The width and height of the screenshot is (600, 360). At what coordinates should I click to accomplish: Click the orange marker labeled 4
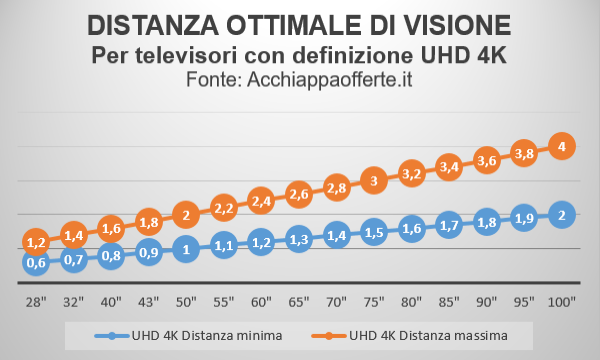[x=563, y=146]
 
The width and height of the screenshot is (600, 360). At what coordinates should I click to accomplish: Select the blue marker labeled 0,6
[x=36, y=263]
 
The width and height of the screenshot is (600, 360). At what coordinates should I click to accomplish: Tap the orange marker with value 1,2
[x=36, y=242]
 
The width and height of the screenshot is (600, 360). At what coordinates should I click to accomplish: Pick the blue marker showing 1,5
[x=374, y=233]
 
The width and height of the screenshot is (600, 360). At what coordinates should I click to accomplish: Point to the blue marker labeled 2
[x=563, y=215]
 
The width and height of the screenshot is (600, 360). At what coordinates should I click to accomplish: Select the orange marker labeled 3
[x=374, y=180]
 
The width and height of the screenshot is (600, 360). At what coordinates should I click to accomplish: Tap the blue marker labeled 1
[x=185, y=250]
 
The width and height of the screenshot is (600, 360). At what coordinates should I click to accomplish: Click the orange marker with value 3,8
[x=525, y=153]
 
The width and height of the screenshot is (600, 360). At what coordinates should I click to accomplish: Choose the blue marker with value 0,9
[x=148, y=253]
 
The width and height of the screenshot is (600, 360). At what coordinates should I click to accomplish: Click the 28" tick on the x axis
[x=36, y=299]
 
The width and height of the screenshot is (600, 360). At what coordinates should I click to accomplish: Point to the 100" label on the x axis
[x=563, y=299]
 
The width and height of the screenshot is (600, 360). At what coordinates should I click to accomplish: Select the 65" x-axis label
[x=298, y=299]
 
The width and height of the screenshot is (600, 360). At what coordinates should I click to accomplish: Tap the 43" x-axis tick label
[x=148, y=299]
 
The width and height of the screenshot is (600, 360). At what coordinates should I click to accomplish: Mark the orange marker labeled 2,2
[x=223, y=207]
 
